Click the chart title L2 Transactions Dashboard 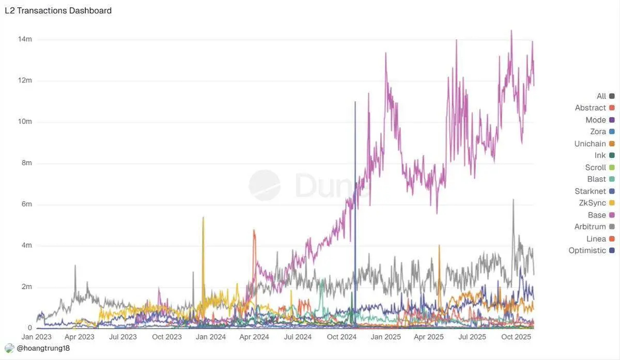pos(58,10)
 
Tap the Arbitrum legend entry pos(590,227)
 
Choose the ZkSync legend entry pos(592,203)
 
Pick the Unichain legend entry pos(590,144)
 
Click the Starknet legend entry pos(590,191)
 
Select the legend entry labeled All pos(601,96)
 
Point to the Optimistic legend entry pos(587,251)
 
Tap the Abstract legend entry pos(590,108)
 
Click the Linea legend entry pos(596,239)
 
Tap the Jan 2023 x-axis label pos(36,337)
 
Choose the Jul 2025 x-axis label pos(473,337)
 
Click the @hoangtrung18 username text pos(43,349)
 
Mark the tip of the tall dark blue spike pos(355,102)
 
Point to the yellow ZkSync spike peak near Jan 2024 pos(203,217)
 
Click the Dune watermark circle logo pos(265,185)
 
